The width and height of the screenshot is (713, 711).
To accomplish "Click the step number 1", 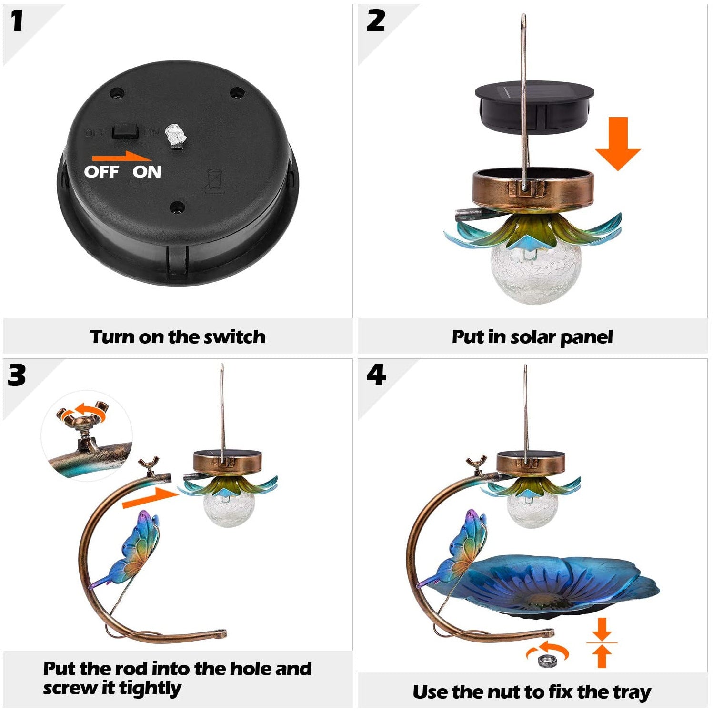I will tap(17, 21).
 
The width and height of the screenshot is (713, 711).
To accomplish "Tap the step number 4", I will tap(376, 375).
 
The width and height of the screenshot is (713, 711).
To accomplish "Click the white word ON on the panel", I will tap(147, 172).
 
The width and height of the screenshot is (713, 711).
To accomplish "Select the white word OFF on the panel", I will tap(101, 172).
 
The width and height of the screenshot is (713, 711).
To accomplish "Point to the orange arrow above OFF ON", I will tap(121, 157).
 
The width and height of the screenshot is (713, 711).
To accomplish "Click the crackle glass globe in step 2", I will tap(536, 274).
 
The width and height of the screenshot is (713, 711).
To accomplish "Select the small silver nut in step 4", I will tap(543, 661).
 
